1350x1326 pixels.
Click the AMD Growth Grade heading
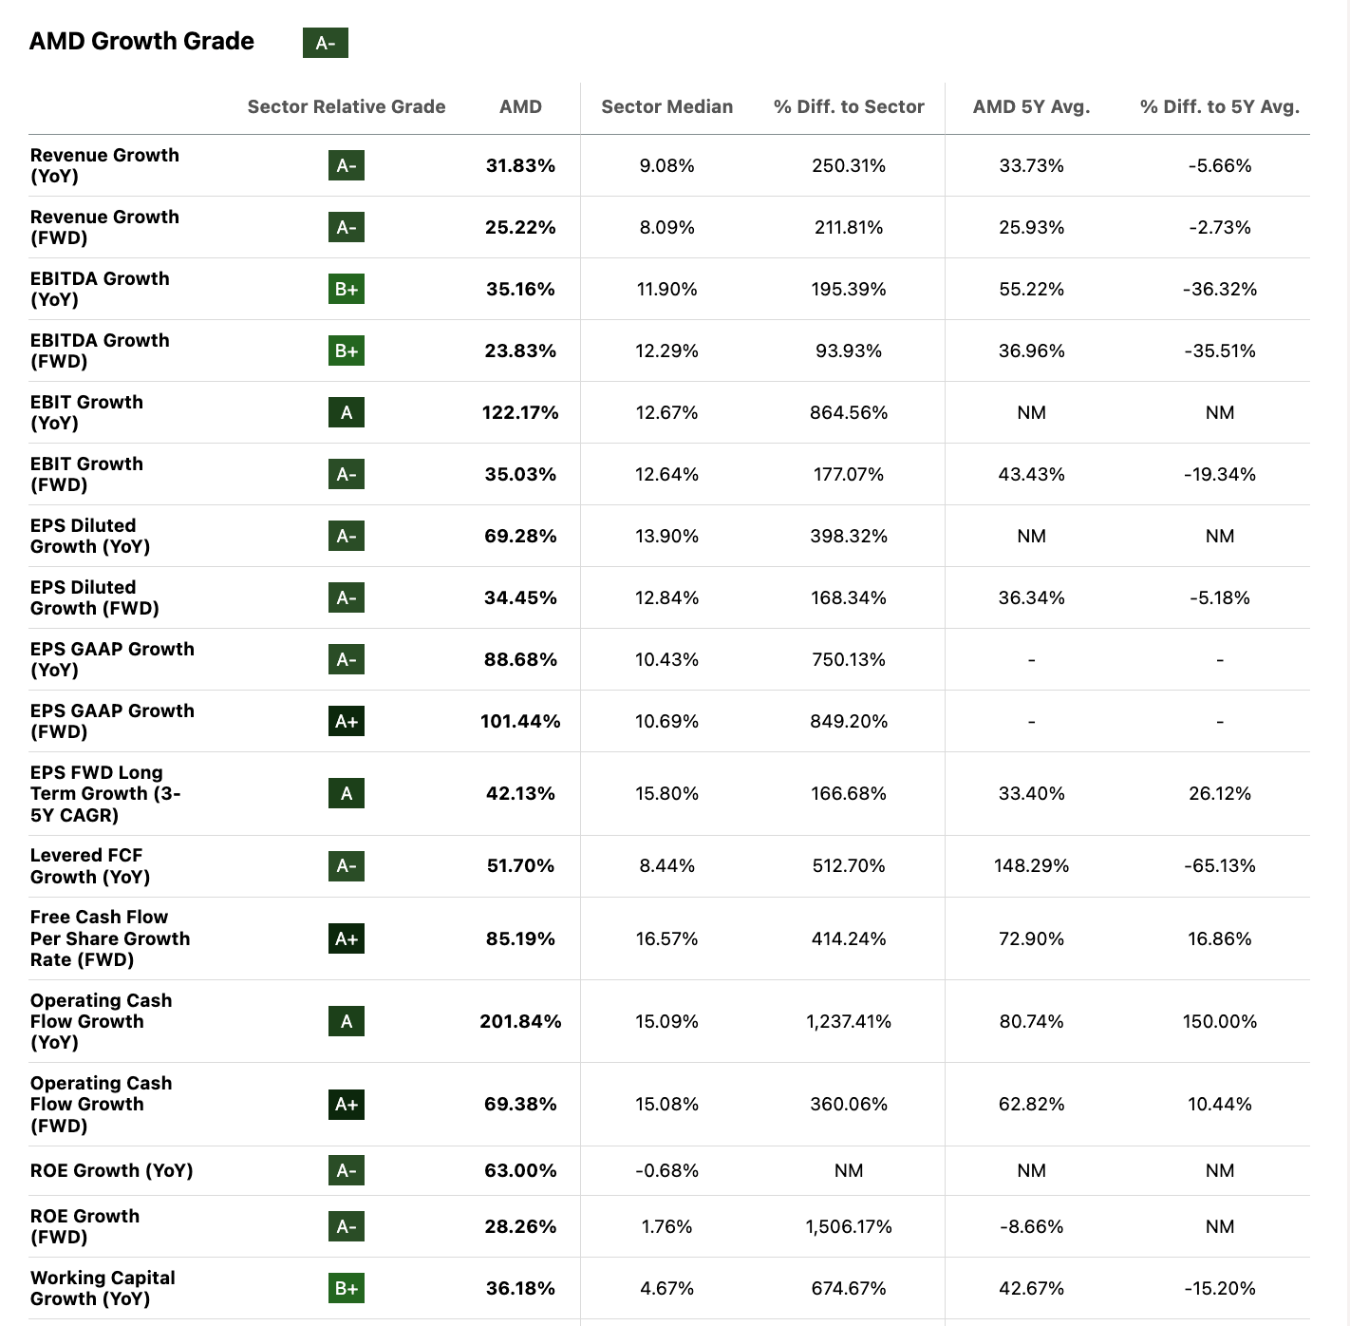(x=141, y=41)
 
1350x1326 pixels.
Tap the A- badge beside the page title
(x=325, y=43)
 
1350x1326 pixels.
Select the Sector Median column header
(x=666, y=106)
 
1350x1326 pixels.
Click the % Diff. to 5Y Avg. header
(x=1219, y=106)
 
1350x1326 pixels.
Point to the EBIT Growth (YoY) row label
(x=86, y=412)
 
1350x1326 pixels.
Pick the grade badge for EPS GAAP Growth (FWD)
(x=347, y=721)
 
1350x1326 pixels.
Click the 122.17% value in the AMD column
(x=520, y=412)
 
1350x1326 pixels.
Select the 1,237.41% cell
(x=848, y=1021)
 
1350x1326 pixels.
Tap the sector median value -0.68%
(x=666, y=1170)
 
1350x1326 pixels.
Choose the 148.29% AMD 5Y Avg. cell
(x=1031, y=865)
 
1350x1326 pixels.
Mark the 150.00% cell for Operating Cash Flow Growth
(x=1219, y=1021)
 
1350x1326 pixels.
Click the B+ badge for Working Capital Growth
(x=347, y=1288)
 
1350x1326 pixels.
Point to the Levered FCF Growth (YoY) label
(x=90, y=865)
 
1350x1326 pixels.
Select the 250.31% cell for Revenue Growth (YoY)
(x=848, y=165)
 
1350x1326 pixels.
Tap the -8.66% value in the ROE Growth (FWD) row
(x=1031, y=1226)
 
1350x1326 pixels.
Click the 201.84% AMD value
(x=520, y=1021)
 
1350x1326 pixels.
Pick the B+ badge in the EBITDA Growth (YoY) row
(x=347, y=289)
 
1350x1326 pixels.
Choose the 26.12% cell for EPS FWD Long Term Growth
(x=1219, y=793)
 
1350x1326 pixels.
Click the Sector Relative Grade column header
(x=347, y=106)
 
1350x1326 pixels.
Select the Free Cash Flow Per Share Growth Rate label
(x=109, y=938)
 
